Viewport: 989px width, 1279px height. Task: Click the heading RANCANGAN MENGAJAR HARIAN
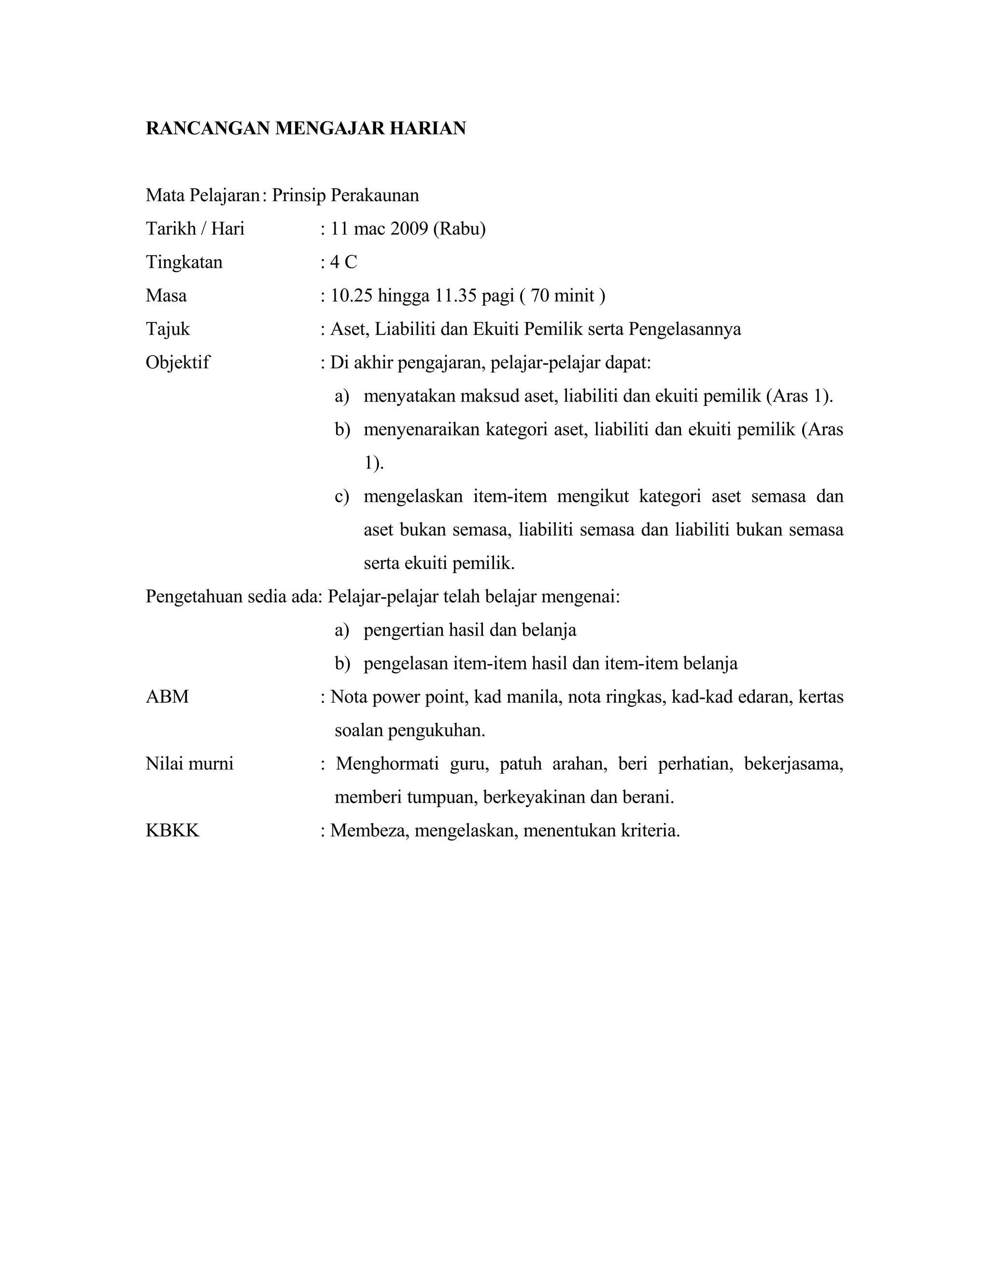pyautogui.click(x=305, y=128)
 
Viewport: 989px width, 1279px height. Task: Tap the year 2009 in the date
pyautogui.click(x=409, y=228)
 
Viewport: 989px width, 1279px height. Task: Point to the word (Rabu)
pyautogui.click(x=459, y=228)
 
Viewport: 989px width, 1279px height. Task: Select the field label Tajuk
pyautogui.click(x=168, y=329)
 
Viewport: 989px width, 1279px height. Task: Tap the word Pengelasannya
pyautogui.click(x=684, y=329)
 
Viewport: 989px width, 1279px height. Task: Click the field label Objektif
pyautogui.click(x=178, y=362)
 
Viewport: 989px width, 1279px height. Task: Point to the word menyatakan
pyautogui.click(x=409, y=396)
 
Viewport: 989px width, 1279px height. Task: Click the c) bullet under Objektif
pyautogui.click(x=341, y=497)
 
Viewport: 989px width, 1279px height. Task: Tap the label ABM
pyautogui.click(x=167, y=697)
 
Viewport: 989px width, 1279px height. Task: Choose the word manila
pyautogui.click(x=533, y=697)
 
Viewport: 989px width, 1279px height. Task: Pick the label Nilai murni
pyautogui.click(x=189, y=764)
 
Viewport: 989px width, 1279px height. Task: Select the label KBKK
pyautogui.click(x=172, y=831)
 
